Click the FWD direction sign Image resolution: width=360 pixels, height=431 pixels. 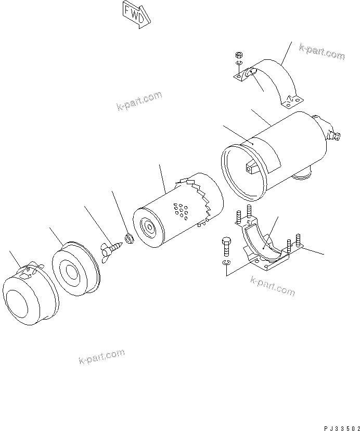(136, 12)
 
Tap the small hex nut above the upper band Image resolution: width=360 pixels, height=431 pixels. (239, 54)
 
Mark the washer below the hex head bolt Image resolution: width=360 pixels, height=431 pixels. (225, 262)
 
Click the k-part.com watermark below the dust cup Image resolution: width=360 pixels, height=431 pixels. (101, 357)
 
